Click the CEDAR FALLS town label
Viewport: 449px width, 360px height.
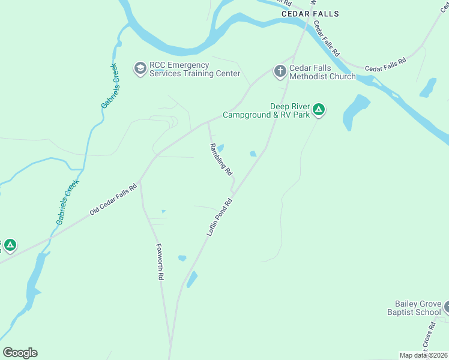point(310,14)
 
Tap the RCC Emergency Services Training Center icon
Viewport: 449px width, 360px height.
point(140,68)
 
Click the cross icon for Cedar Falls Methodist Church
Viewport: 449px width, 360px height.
point(280,71)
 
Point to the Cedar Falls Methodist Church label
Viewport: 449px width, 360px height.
point(322,73)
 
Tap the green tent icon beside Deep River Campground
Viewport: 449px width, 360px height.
point(320,109)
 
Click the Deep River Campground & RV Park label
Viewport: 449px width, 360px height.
point(267,110)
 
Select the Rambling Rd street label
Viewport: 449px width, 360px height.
point(220,159)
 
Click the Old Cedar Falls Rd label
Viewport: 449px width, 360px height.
point(113,199)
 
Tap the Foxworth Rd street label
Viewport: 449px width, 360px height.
point(160,262)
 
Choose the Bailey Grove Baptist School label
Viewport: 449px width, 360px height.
point(418,308)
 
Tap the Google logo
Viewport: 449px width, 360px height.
point(20,352)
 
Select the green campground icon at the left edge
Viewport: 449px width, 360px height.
point(10,245)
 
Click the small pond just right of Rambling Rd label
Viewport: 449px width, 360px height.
point(220,148)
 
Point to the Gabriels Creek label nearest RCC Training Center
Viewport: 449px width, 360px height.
point(110,85)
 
